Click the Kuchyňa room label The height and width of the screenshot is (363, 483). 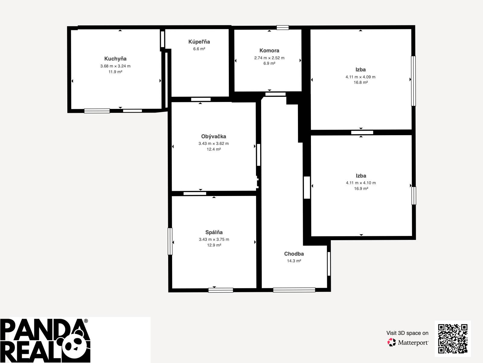coord(115,59)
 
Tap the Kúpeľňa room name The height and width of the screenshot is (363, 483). coord(199,42)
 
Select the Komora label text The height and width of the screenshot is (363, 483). coord(269,51)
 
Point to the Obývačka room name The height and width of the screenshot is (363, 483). coord(214,137)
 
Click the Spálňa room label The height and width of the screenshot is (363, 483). coord(214,232)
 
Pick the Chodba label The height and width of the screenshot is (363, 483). coord(294,254)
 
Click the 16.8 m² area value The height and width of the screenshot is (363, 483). coord(361,82)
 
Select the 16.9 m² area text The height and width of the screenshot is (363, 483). coord(361,189)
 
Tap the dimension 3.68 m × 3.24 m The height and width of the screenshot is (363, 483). coord(115,66)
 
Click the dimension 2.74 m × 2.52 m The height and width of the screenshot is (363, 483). coord(269,58)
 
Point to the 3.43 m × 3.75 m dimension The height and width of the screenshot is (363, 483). coord(214,240)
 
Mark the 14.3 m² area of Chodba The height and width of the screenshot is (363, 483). coord(294,261)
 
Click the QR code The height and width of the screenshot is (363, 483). coord(453,339)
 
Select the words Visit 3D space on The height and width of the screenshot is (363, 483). coord(407,333)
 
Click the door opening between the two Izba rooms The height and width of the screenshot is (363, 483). coord(362,132)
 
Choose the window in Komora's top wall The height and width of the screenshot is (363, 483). coord(283,28)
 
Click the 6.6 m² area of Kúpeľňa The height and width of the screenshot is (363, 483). coord(199,49)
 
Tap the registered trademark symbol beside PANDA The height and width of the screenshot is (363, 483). coord(86,321)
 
